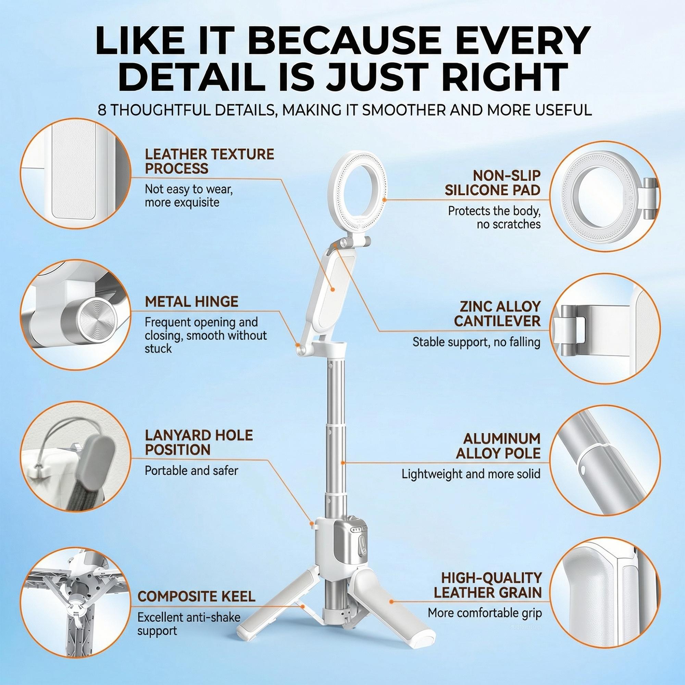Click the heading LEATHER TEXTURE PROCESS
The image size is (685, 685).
pyautogui.click(x=209, y=161)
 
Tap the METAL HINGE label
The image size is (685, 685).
pyautogui.click(x=191, y=302)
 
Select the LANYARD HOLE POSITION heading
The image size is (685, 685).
pyautogui.click(x=199, y=443)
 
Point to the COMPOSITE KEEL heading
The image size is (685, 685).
pyautogui.click(x=196, y=596)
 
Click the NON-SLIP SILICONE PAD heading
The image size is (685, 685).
pyautogui.click(x=493, y=183)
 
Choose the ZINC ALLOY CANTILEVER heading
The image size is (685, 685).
pyautogui.click(x=497, y=314)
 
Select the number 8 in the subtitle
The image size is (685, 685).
pyautogui.click(x=102, y=110)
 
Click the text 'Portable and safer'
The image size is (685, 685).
pyautogui.click(x=191, y=471)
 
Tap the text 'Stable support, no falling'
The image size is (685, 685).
pyautogui.click(x=476, y=342)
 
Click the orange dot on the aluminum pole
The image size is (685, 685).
pyautogui.click(x=343, y=463)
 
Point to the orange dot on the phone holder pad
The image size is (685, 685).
pyautogui.click(x=333, y=289)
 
